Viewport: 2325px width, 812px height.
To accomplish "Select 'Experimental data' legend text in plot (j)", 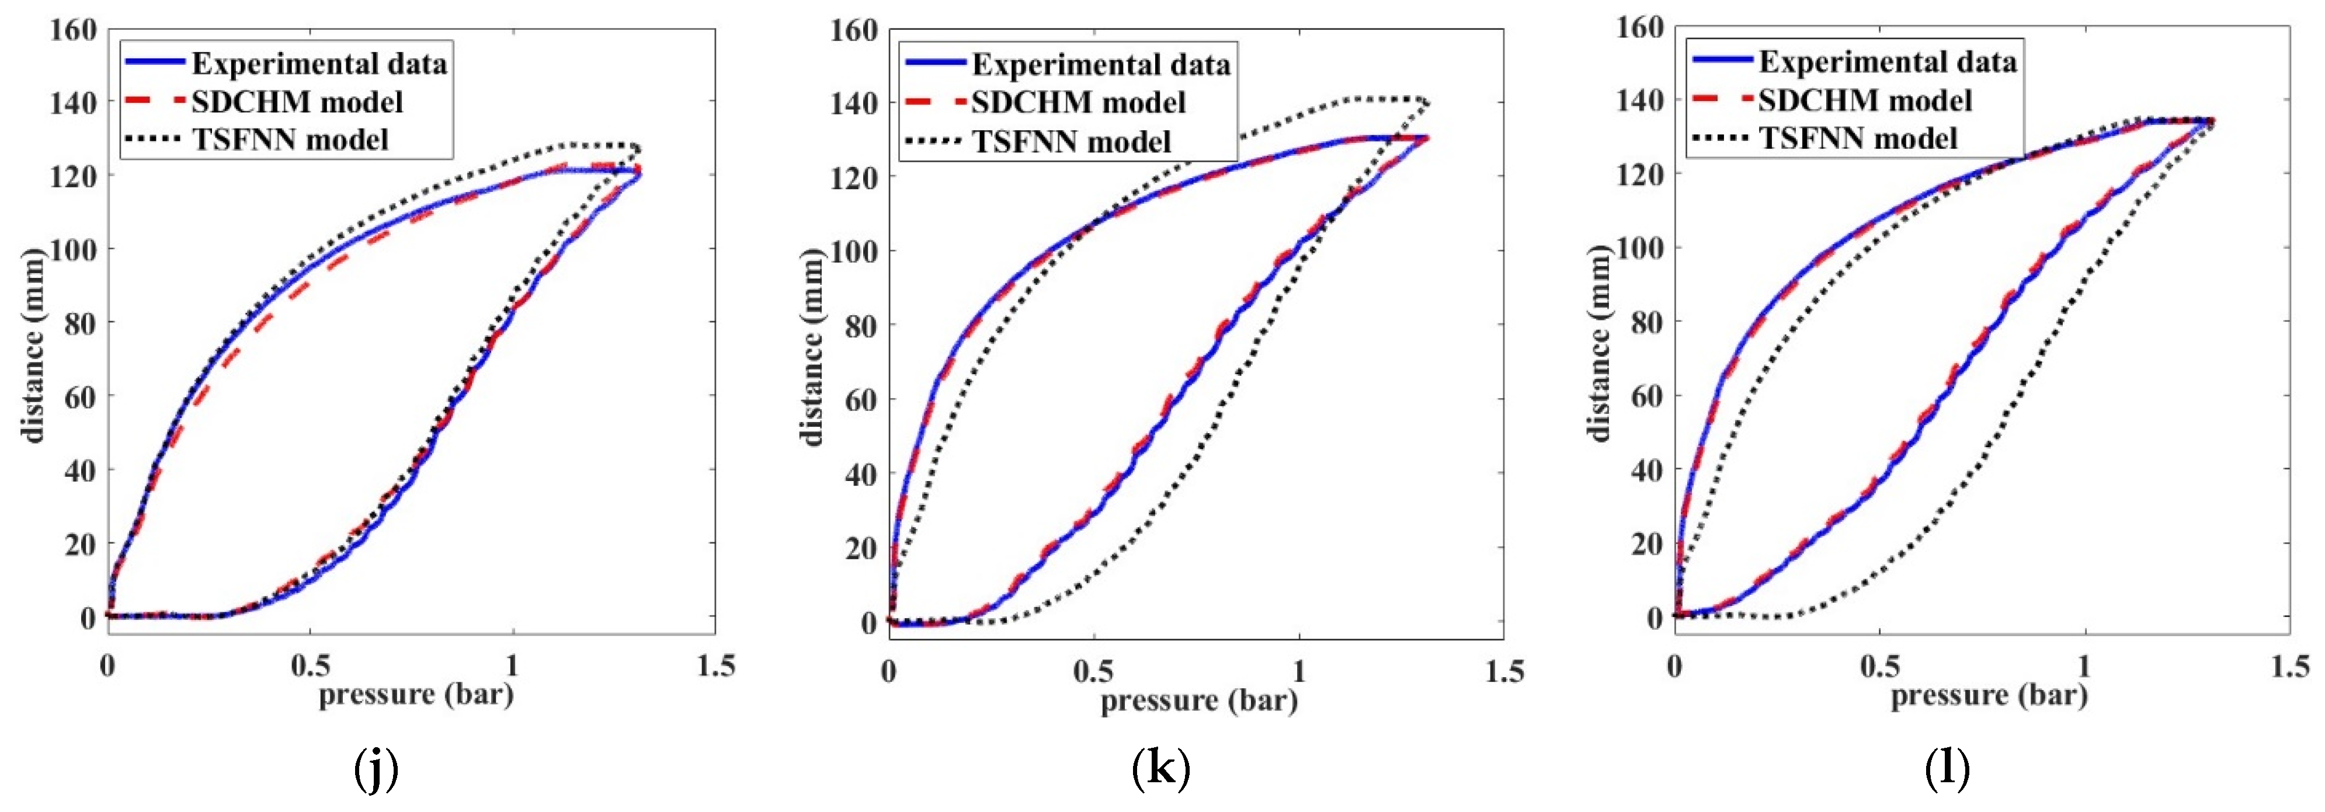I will click(x=319, y=64).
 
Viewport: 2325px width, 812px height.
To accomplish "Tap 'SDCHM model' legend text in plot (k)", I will click(x=1078, y=103).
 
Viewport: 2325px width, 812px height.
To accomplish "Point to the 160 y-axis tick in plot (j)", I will click(x=72, y=30).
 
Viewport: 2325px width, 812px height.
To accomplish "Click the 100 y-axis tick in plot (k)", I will click(x=853, y=251).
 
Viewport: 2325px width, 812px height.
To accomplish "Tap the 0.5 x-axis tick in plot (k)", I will click(x=1093, y=671).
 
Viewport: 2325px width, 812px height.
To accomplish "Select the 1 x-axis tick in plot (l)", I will click(x=2084, y=666).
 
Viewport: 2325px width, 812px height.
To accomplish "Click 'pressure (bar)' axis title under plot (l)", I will click(x=1989, y=696).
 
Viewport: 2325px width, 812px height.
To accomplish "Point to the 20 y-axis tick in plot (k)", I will click(x=860, y=548).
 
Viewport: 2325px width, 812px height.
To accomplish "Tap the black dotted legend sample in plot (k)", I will click(x=935, y=141).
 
